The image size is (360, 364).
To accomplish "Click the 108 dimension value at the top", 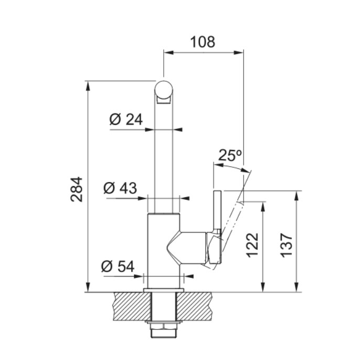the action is click(x=203, y=42).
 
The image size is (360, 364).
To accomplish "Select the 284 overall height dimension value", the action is click(x=77, y=189).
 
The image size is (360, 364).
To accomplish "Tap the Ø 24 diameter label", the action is click(x=126, y=120).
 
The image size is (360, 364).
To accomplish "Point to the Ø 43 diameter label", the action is click(x=120, y=188).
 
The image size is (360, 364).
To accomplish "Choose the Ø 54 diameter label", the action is click(x=118, y=266).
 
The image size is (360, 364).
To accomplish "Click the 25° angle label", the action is click(x=230, y=155).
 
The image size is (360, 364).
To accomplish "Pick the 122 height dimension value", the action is click(x=252, y=245).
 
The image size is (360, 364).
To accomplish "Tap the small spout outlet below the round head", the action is click(x=164, y=101).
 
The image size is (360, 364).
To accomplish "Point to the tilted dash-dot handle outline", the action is click(x=232, y=227).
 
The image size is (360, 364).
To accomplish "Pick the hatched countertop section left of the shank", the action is click(x=132, y=306).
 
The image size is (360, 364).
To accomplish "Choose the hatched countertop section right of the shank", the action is click(x=195, y=306).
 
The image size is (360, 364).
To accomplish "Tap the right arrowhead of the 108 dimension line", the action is click(x=239, y=52).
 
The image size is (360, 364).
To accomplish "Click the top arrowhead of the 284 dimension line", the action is click(x=88, y=85).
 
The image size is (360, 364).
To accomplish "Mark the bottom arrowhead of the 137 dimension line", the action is click(x=296, y=287).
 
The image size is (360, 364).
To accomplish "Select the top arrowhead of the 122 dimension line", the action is click(x=263, y=207).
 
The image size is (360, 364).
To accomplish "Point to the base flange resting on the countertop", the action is click(x=164, y=290).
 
